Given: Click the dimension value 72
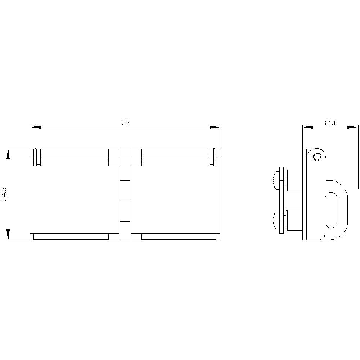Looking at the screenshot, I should coord(125,123).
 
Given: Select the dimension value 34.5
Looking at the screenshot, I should coord(4,194).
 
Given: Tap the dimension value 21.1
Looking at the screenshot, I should coord(330,123).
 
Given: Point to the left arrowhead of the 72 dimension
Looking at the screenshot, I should coord(35,127).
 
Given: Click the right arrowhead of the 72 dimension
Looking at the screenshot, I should coord(215,127).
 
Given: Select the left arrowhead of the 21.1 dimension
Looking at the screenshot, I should coord(307,127).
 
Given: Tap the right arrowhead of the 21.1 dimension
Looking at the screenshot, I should coord(353,127).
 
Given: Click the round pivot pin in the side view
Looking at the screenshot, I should coord(317,157).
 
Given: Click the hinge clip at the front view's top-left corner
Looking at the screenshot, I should coord(37,157).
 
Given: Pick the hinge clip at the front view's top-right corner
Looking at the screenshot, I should coord(213,157).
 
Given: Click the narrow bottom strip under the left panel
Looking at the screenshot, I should coord(71,237).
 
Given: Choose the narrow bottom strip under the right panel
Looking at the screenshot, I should coord(179,237).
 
